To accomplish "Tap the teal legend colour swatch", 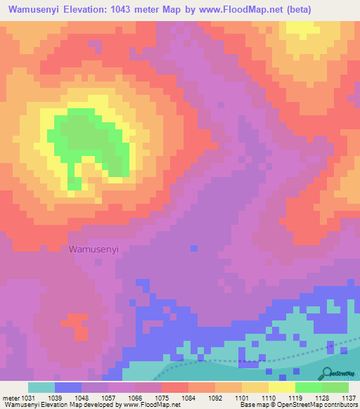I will click(41, 387).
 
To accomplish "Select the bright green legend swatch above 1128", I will click(308, 387).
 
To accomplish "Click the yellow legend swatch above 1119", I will click(281, 387).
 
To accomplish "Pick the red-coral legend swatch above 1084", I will click(175, 387).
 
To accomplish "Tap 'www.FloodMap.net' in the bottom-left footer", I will click(148, 405).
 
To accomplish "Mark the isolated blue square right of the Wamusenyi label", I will click(193, 247).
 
